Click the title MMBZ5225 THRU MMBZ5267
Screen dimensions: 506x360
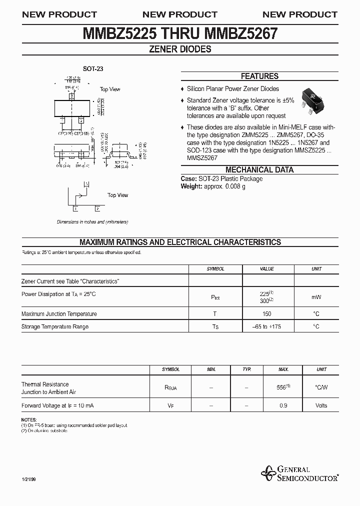(x=180, y=33)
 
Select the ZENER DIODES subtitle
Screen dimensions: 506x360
(x=180, y=49)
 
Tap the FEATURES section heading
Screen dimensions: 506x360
(x=259, y=76)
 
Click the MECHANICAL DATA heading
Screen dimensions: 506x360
(x=259, y=170)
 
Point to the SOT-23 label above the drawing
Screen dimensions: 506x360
(x=92, y=69)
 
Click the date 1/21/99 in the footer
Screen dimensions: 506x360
(x=28, y=480)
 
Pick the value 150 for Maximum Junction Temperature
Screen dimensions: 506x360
(x=266, y=314)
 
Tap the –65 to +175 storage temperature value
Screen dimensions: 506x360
(x=266, y=326)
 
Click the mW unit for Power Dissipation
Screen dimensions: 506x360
(x=316, y=297)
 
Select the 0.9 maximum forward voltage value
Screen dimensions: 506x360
(x=283, y=405)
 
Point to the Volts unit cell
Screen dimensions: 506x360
(x=321, y=405)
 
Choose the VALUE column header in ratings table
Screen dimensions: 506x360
(x=266, y=269)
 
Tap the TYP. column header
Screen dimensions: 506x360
(x=246, y=369)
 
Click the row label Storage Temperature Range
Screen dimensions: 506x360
(x=55, y=326)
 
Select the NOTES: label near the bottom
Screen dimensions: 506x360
(x=29, y=419)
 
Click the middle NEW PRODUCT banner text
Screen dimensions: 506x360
(x=180, y=14)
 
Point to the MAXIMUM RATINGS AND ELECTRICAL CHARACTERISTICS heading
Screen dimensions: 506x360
(x=180, y=242)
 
